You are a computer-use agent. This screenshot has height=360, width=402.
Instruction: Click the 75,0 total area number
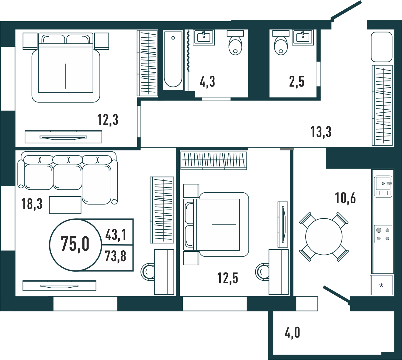(x=75, y=244)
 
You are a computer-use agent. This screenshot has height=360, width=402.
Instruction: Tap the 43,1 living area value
(x=116, y=235)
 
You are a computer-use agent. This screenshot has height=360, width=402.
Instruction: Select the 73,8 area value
(x=116, y=256)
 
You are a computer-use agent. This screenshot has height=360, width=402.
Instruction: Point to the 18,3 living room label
(x=32, y=204)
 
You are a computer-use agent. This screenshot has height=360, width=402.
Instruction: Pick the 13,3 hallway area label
(x=321, y=132)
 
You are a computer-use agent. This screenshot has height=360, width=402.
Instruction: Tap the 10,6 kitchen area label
(x=345, y=198)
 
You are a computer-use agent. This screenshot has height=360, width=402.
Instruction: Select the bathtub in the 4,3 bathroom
(x=173, y=60)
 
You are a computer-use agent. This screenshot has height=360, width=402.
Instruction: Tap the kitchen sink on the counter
(x=383, y=187)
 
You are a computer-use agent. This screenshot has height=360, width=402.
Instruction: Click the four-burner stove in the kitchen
(x=383, y=234)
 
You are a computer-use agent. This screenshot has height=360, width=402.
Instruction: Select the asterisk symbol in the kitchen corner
(x=381, y=286)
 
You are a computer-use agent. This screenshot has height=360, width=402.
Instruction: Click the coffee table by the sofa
(x=65, y=205)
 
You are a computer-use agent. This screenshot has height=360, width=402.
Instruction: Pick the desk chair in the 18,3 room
(x=147, y=272)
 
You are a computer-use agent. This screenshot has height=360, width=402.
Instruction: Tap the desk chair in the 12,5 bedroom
(x=262, y=272)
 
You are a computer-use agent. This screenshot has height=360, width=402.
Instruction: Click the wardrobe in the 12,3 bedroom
(x=147, y=63)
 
